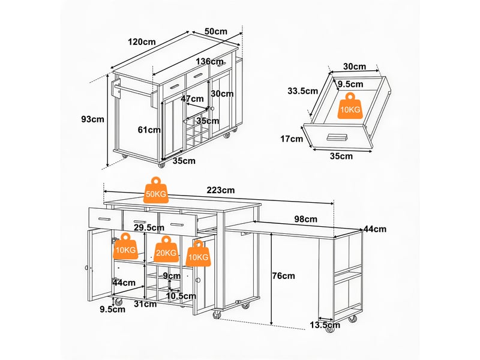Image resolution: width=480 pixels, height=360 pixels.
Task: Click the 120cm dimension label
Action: click(x=142, y=41)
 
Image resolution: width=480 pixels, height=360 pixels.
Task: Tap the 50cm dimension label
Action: click(x=216, y=31)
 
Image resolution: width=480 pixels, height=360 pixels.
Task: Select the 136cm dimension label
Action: click(x=208, y=62)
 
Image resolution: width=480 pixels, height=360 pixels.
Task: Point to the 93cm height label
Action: click(x=93, y=119)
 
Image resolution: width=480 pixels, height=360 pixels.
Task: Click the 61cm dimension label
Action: click(x=149, y=130)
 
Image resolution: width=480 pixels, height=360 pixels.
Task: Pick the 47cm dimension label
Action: click(x=192, y=98)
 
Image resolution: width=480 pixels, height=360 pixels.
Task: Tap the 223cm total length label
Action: click(x=221, y=190)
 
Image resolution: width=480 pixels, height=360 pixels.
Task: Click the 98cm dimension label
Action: click(x=306, y=219)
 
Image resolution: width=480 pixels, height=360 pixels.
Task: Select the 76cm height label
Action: click(x=283, y=276)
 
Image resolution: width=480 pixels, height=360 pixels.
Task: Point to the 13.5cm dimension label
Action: click(x=325, y=325)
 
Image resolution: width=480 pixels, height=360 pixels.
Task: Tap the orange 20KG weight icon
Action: click(x=166, y=249)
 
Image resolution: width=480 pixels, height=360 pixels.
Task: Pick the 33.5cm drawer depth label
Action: click(x=303, y=91)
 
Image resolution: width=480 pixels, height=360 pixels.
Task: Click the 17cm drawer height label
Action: click(x=292, y=139)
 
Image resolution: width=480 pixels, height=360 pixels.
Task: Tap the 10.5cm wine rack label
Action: click(x=181, y=296)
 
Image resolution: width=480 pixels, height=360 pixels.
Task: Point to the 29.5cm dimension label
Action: click(x=149, y=227)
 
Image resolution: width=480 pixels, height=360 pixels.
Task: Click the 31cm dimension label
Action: click(x=145, y=304)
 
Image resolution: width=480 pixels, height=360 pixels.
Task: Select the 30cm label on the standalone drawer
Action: click(x=355, y=67)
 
